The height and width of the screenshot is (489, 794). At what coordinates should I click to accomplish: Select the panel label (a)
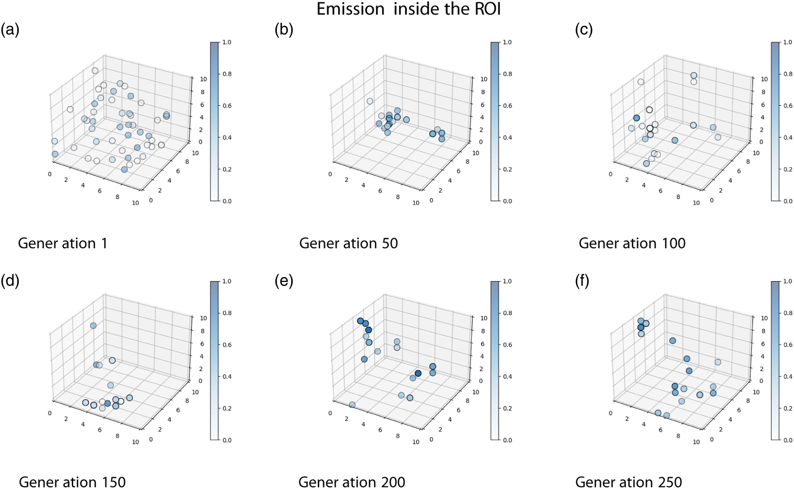(10, 30)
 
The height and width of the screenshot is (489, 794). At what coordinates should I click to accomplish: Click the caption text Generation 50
(348, 243)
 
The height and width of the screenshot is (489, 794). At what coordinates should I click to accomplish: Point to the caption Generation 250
(629, 482)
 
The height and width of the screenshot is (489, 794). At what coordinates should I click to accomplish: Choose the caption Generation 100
(632, 243)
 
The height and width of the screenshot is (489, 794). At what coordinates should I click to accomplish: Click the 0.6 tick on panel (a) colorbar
(227, 106)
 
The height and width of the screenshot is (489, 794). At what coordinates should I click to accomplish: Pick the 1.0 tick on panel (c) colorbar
(788, 42)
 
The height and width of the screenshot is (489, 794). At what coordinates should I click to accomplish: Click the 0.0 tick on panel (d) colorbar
(227, 440)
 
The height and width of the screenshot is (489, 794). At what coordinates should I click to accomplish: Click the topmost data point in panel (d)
(93, 325)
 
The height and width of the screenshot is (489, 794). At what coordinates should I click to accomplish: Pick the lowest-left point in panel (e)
(352, 405)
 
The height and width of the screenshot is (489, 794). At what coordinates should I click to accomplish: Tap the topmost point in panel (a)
(95, 71)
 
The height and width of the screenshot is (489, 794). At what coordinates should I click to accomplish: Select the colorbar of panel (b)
(495, 122)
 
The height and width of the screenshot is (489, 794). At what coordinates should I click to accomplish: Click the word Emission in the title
(350, 9)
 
